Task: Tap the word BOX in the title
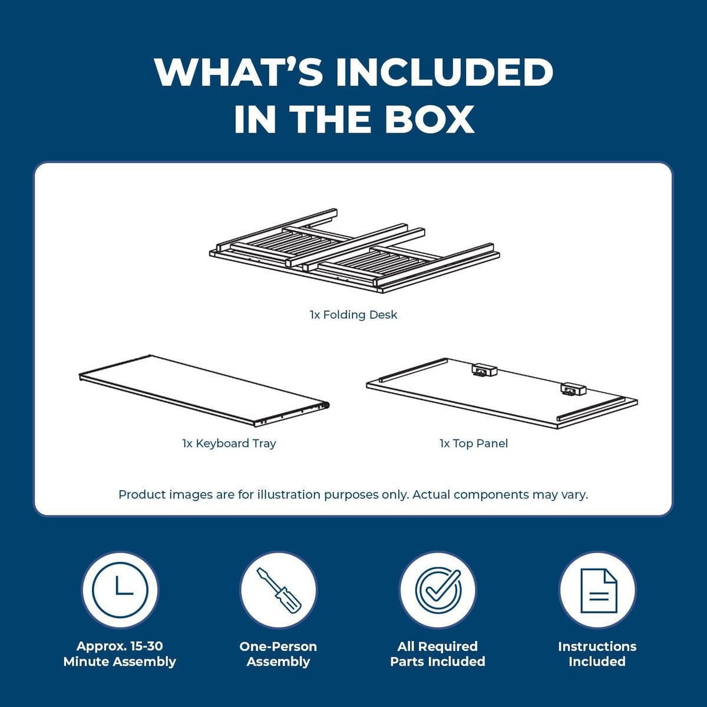tap(430, 118)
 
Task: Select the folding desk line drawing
tap(355, 250)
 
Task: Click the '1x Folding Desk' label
tap(353, 315)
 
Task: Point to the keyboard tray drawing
tap(204, 391)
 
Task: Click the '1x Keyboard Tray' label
tap(229, 444)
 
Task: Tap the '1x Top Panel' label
tap(474, 444)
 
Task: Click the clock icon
tap(120, 590)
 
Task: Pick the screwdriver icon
tap(279, 590)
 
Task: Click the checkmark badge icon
tap(438, 590)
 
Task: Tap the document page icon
tap(599, 591)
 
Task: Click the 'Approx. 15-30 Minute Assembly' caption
tap(120, 654)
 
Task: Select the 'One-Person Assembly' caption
tap(278, 654)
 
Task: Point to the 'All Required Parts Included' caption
tap(438, 654)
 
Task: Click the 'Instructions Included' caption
tap(597, 654)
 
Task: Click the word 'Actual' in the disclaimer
tap(431, 494)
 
